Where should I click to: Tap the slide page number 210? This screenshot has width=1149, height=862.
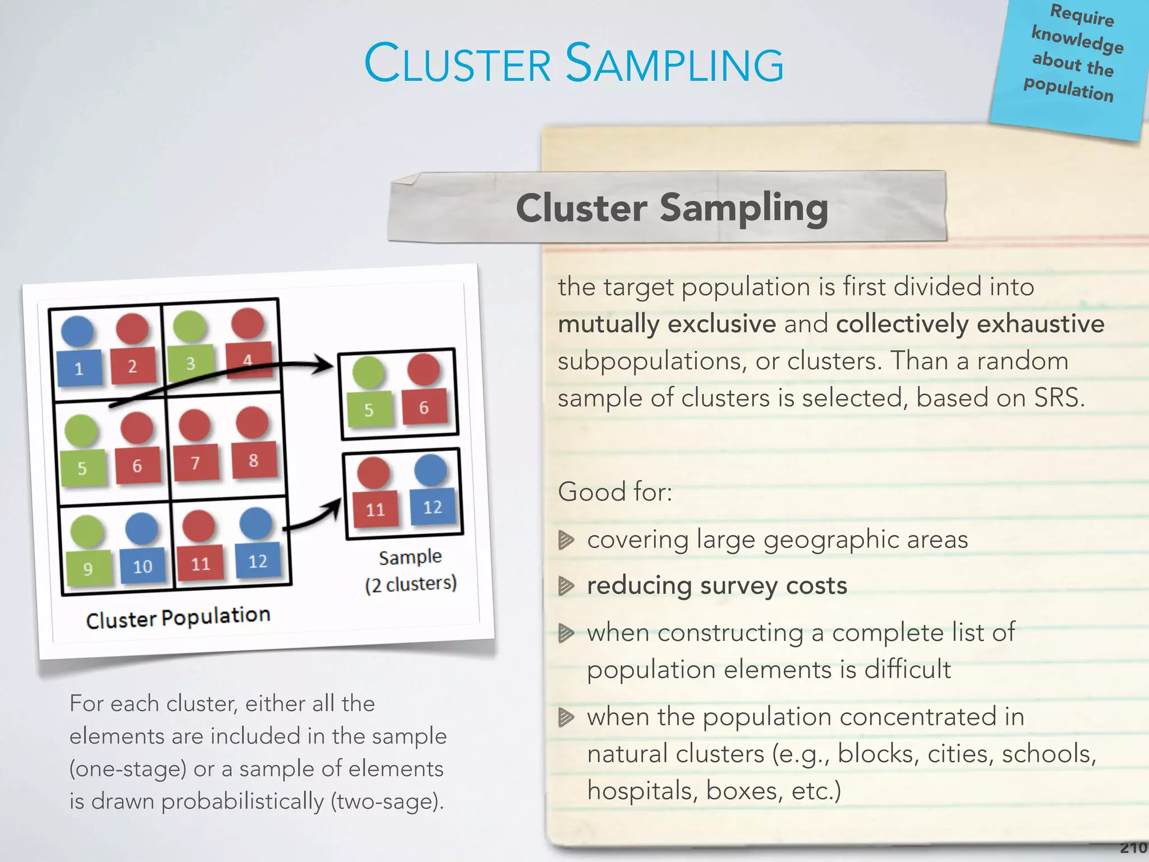(1134, 847)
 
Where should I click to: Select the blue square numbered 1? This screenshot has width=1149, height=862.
(80, 368)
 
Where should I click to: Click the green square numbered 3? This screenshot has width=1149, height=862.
(191, 363)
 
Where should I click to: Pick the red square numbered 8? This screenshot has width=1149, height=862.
(254, 460)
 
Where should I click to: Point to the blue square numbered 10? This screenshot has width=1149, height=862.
(143, 566)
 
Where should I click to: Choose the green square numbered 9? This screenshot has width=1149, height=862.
(88, 568)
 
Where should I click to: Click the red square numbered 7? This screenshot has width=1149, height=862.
(195, 462)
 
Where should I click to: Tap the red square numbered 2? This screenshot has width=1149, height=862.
(132, 366)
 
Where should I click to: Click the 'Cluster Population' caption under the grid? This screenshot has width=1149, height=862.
(178, 617)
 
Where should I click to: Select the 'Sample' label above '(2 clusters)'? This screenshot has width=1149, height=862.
(410, 557)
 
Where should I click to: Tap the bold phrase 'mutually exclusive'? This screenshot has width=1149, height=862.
(667, 324)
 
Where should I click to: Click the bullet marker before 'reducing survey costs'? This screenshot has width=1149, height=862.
(566, 586)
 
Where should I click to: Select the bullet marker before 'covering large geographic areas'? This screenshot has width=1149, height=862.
(566, 540)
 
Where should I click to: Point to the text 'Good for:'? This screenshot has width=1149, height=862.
(615, 492)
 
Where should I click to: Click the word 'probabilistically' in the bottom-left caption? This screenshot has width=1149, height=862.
(242, 801)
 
